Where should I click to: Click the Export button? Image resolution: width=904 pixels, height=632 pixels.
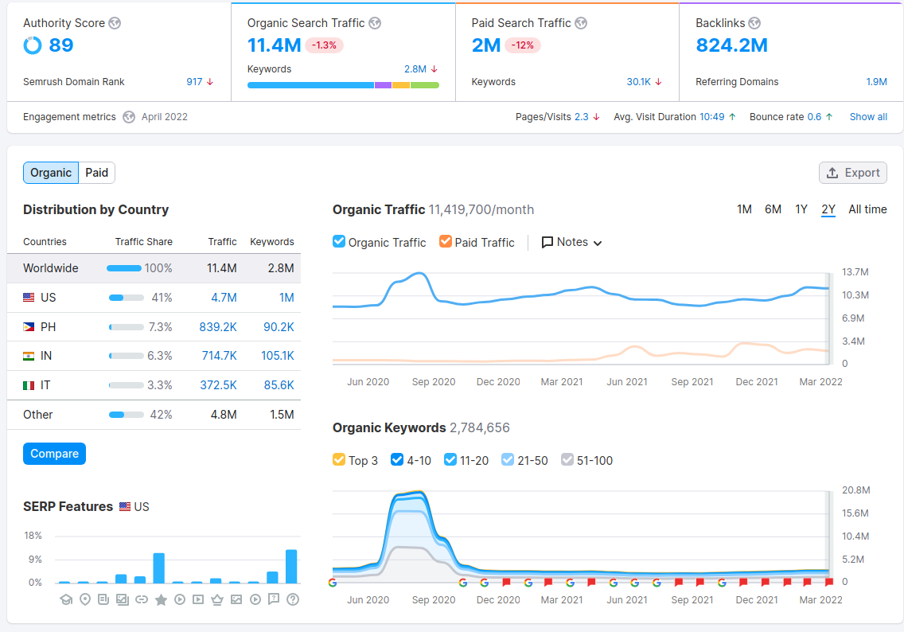pos(852,173)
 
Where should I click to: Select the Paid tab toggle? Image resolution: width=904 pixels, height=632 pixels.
pos(97,173)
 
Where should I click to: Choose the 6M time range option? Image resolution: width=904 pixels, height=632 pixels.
pos(773,209)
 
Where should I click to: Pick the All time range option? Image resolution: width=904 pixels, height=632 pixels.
pos(867,209)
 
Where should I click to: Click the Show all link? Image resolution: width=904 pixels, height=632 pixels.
pos(868,117)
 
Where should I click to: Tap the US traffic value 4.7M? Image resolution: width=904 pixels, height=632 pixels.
pos(224,298)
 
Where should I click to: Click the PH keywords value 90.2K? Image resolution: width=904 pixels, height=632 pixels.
pos(279,327)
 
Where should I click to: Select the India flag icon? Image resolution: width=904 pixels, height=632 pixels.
pos(29,356)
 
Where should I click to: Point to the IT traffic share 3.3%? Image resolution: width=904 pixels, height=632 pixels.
pos(160,385)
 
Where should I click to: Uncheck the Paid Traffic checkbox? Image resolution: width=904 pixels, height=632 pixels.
pos(446,242)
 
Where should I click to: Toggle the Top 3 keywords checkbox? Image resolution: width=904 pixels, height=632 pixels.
pos(339,460)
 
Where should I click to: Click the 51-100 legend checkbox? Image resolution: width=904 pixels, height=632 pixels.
pos(567,460)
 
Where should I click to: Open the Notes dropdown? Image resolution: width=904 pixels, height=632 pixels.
pos(571,242)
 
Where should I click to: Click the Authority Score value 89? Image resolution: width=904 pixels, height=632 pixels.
pos(61,45)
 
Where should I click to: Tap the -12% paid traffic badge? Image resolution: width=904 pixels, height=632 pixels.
pos(523,45)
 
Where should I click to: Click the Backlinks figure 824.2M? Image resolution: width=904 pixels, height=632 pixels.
pos(731,45)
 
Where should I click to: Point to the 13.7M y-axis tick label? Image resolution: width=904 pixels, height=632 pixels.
pos(855,272)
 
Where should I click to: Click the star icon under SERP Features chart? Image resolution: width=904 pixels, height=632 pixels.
pos(161,599)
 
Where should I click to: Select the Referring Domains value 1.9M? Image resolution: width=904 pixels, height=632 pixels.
pos(876,82)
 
